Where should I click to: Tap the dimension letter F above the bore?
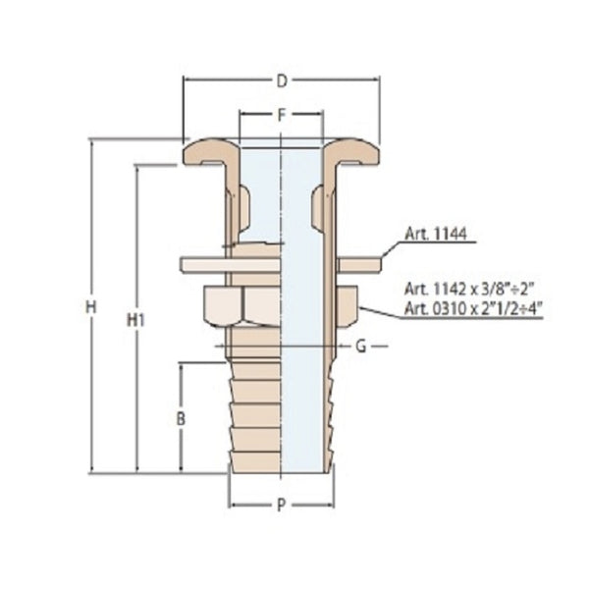pos(281,115)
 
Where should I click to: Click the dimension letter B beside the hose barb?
pos(180,419)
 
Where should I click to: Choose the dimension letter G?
pos(360,346)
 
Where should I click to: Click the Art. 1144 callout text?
pos(436,235)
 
